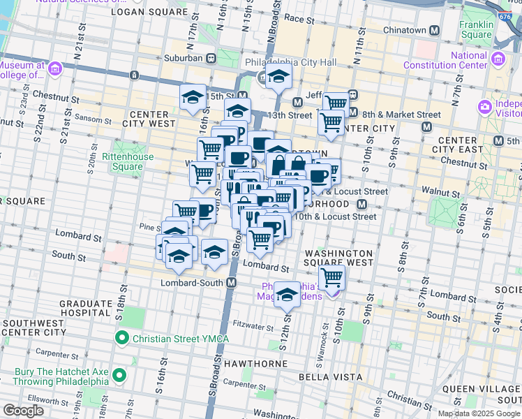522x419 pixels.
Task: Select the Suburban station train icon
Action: point(209,59)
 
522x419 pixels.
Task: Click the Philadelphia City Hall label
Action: point(291,63)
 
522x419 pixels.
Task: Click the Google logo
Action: point(23,411)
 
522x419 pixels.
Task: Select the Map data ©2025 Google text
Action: point(478,413)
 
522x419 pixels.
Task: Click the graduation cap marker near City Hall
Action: point(278,78)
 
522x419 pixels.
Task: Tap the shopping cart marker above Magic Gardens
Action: point(332,278)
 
